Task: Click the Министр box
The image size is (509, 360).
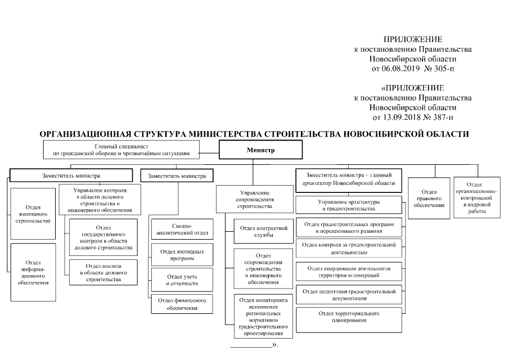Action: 260,151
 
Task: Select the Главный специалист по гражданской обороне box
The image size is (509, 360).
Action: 121,149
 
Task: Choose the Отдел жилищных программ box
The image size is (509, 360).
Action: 182,255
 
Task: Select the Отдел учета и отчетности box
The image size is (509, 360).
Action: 182,280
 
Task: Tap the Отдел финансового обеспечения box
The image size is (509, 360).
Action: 182,304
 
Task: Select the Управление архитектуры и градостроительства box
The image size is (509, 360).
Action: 348,205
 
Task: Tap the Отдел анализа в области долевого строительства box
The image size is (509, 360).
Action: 103,272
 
